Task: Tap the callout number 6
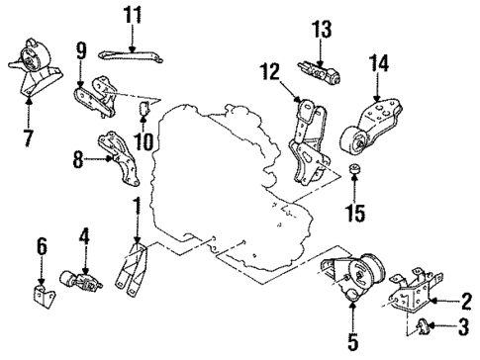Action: (41, 242)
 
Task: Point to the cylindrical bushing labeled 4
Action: (77, 279)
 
